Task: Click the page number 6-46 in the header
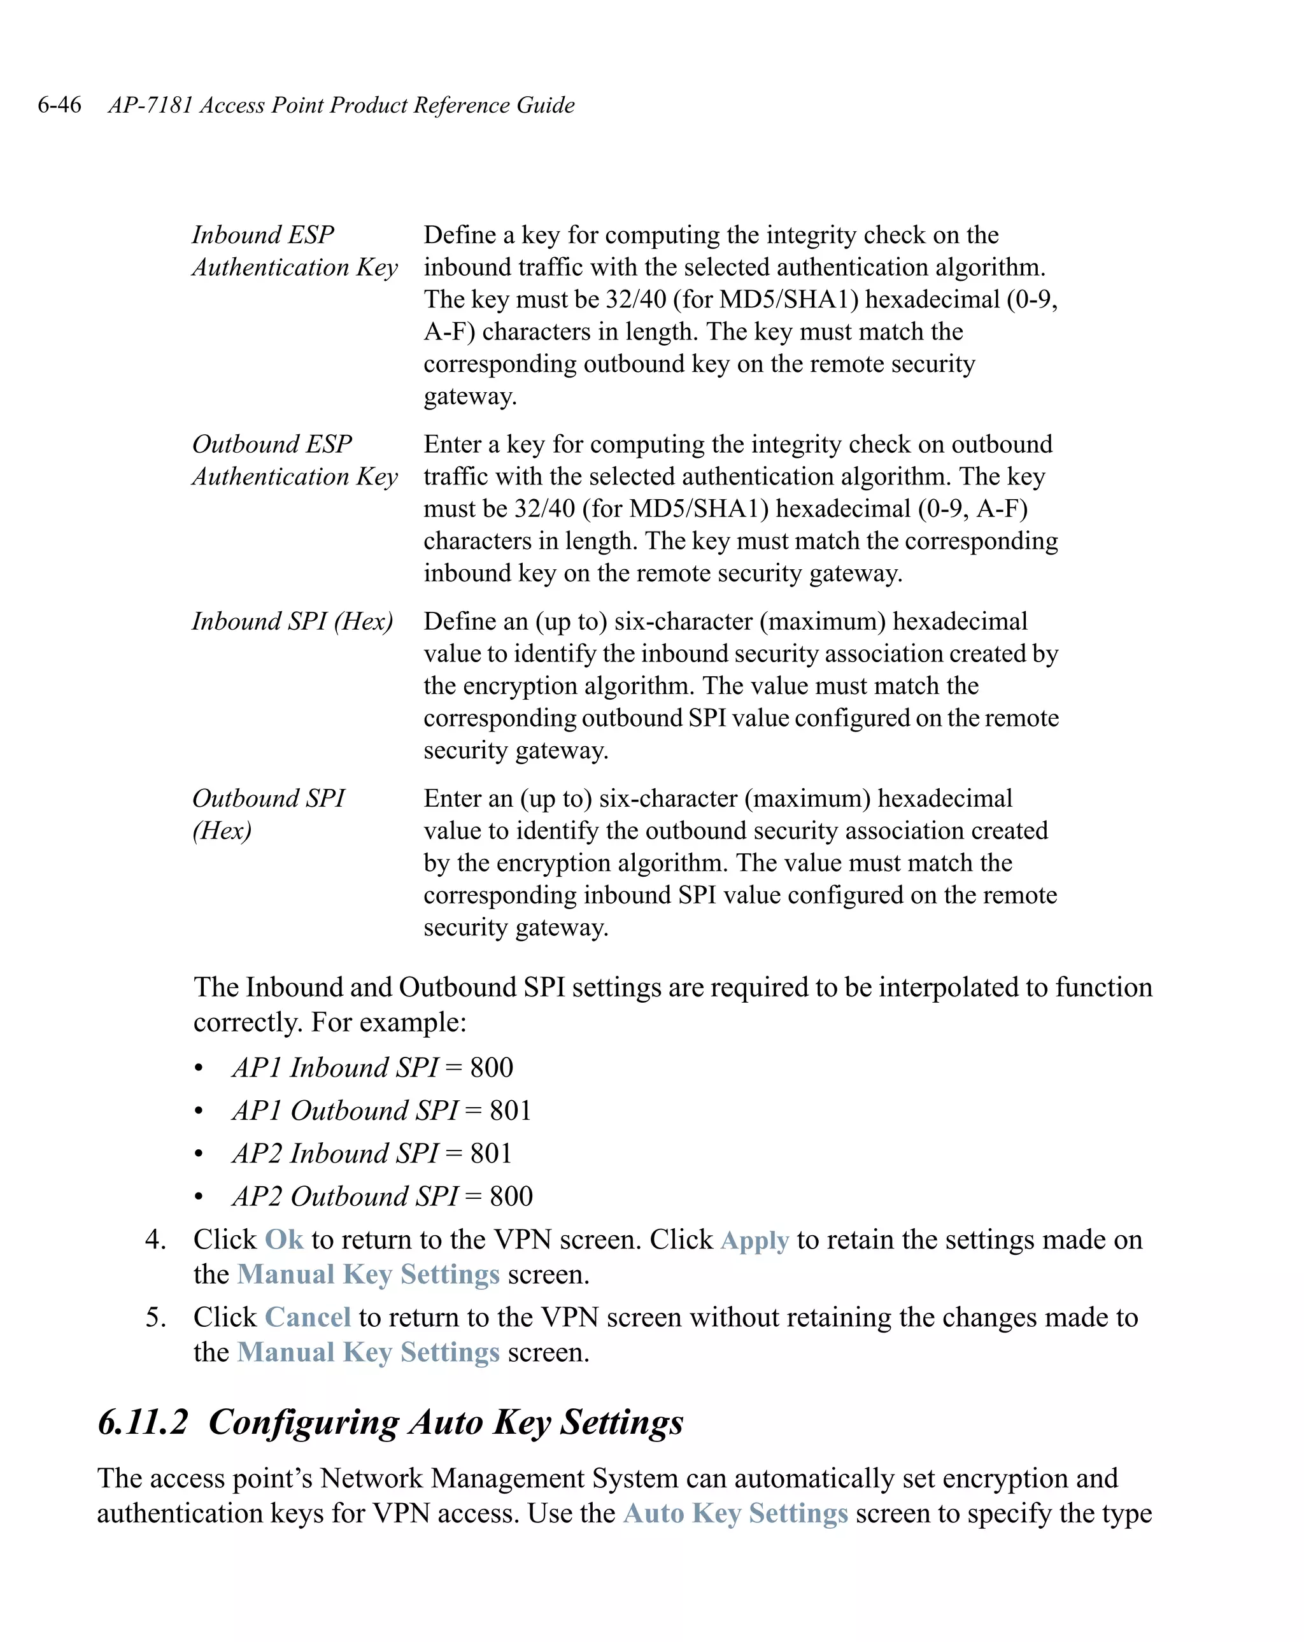tap(59, 104)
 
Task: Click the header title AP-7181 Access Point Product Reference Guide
tap(341, 104)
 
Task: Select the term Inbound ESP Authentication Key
tap(294, 251)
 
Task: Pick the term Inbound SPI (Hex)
tap(292, 621)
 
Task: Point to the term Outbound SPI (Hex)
tap(268, 814)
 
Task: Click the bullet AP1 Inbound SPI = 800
tap(372, 1067)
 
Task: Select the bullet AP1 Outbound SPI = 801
tap(381, 1110)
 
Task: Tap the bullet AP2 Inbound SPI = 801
tap(372, 1153)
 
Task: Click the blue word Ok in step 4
tap(283, 1239)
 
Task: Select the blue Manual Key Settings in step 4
tap(368, 1274)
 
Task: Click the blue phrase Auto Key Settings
tap(735, 1513)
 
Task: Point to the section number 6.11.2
tap(143, 1422)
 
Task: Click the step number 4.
tap(155, 1240)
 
